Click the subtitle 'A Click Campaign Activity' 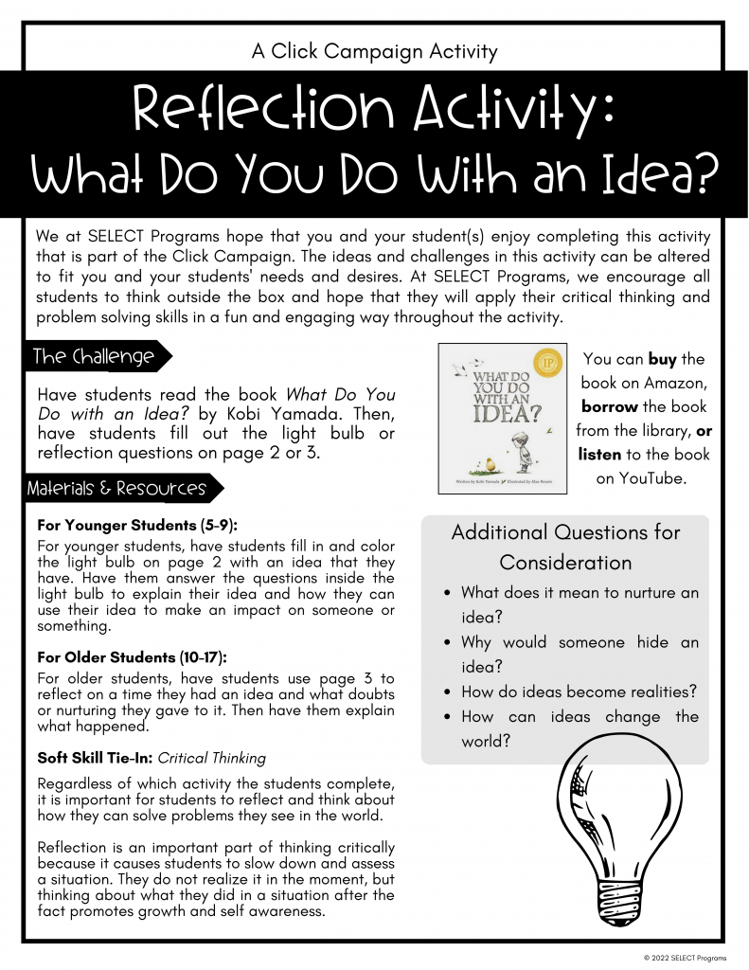click(x=374, y=51)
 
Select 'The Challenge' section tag click(x=94, y=357)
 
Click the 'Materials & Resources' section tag click(x=116, y=489)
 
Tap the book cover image click(x=502, y=418)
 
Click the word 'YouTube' click(x=652, y=478)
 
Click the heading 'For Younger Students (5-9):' click(x=137, y=525)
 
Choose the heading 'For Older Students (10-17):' click(x=133, y=656)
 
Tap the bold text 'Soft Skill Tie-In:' click(x=95, y=758)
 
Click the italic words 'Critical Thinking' click(x=212, y=758)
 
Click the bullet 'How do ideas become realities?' click(x=579, y=692)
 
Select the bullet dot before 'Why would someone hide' click(x=448, y=643)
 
